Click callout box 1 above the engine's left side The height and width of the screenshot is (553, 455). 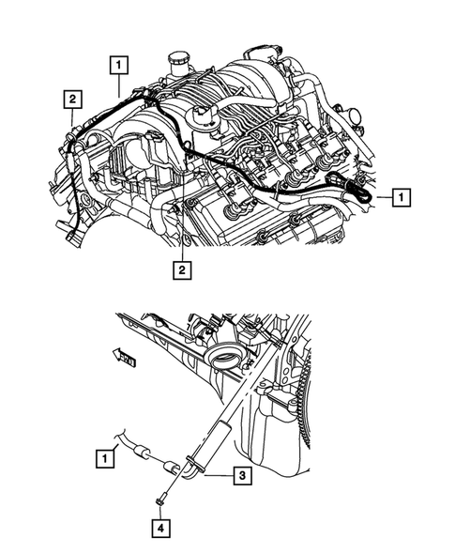(118, 66)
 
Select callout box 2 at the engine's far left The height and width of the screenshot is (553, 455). (71, 98)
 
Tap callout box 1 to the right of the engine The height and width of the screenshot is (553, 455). (401, 197)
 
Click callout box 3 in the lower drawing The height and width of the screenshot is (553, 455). (242, 477)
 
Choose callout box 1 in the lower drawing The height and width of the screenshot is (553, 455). (108, 459)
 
